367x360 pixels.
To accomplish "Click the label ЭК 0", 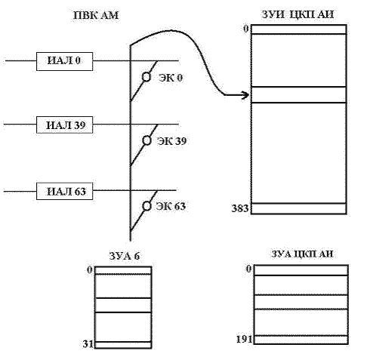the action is (171, 78).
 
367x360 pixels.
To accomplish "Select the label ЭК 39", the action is (171, 141).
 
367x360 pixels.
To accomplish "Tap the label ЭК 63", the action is (171, 206).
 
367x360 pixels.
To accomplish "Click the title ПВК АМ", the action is (96, 15).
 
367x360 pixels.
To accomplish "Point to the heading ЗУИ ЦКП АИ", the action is (298, 14).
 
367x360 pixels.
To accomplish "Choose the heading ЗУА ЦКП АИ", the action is (302, 254).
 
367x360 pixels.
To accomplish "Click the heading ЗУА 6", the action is (125, 256).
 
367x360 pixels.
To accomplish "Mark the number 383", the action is (240, 208).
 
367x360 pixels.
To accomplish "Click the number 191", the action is (244, 340).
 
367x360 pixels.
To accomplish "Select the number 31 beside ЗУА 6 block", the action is (88, 344).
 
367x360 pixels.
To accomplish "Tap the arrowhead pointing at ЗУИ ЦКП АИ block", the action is (245, 95).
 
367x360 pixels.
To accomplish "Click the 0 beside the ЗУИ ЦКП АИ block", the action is (246, 29).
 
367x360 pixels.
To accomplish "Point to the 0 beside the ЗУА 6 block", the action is (90, 270).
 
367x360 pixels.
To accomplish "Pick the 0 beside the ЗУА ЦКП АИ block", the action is (248, 269).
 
